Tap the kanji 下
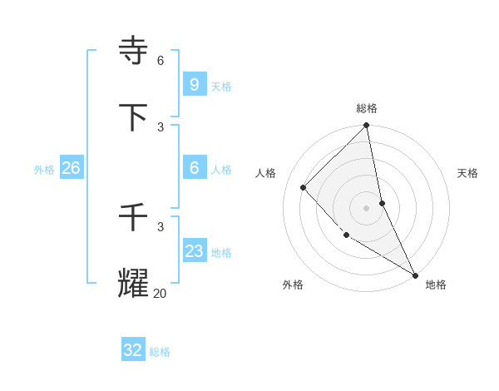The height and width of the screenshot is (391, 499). click(x=134, y=117)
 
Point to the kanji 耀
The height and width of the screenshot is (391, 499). click(x=134, y=284)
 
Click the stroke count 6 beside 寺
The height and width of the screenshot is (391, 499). click(x=161, y=60)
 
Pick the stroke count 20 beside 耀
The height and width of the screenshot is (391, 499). click(x=160, y=293)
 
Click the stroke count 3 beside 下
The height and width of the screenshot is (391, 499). click(x=161, y=126)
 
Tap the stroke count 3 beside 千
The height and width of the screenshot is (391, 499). click(x=161, y=226)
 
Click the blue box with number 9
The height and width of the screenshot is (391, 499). click(x=194, y=84)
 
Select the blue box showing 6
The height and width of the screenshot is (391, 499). click(x=194, y=167)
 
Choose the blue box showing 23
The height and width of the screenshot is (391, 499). click(x=194, y=250)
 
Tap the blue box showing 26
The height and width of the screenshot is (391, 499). click(x=71, y=167)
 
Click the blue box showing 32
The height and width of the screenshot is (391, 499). click(x=133, y=350)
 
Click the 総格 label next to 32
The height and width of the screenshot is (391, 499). click(x=160, y=352)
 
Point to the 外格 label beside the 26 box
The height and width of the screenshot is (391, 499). click(x=44, y=169)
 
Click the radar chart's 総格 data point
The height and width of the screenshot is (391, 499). click(x=366, y=126)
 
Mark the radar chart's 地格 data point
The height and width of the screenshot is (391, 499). click(x=414, y=274)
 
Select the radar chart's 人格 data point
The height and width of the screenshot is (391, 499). click(x=304, y=187)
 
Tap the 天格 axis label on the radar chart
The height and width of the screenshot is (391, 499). click(x=467, y=173)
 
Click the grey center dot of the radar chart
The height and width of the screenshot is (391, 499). click(x=366, y=207)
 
